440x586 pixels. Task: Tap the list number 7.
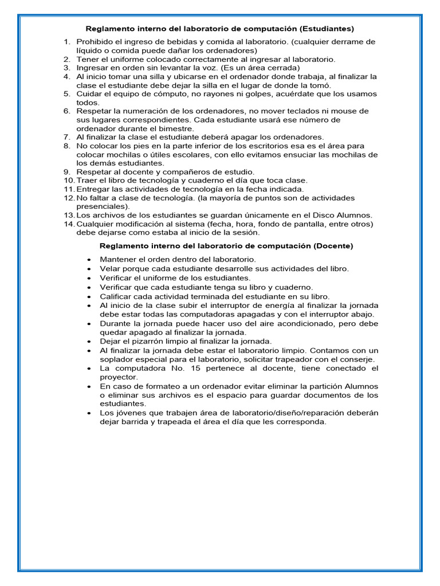(67, 137)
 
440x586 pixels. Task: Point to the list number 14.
(69, 224)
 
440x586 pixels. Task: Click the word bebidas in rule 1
(162, 42)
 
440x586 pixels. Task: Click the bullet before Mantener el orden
(89, 260)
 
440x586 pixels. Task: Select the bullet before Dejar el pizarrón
(89, 342)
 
